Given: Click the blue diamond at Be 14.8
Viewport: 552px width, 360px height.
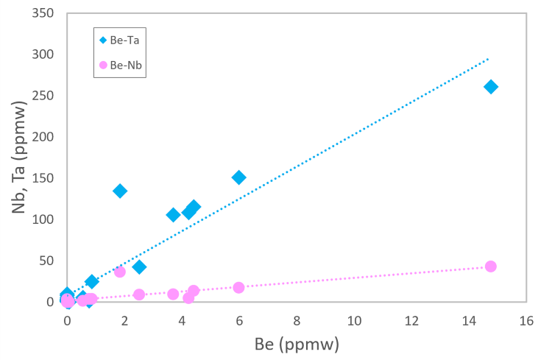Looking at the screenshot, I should pyautogui.click(x=491, y=87).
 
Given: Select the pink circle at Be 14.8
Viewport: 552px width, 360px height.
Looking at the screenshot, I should pyautogui.click(x=491, y=267).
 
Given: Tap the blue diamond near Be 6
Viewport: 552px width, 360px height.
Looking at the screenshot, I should pyautogui.click(x=238, y=177).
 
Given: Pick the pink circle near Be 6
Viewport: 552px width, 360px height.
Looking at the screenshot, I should pyautogui.click(x=238, y=287).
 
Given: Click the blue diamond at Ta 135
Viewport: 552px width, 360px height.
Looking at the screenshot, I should pyautogui.click(x=120, y=191).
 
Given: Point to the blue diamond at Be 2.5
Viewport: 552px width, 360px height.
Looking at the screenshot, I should pyautogui.click(x=139, y=267).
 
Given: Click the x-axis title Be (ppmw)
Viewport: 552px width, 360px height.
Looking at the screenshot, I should pyautogui.click(x=297, y=344).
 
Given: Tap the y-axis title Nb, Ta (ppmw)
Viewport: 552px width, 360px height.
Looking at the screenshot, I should pyautogui.click(x=20, y=158).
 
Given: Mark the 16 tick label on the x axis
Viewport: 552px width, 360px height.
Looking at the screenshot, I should pyautogui.click(x=526, y=321).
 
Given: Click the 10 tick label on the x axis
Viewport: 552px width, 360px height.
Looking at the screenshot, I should pyautogui.click(x=353, y=321).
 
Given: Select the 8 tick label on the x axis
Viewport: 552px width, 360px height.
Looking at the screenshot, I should pyautogui.click(x=297, y=321).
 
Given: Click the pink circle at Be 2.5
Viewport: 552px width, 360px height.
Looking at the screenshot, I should pyautogui.click(x=139, y=294).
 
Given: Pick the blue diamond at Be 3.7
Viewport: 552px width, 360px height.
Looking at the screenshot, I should pyautogui.click(x=173, y=215).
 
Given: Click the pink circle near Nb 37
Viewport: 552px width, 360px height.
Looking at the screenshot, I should pyautogui.click(x=120, y=272).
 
